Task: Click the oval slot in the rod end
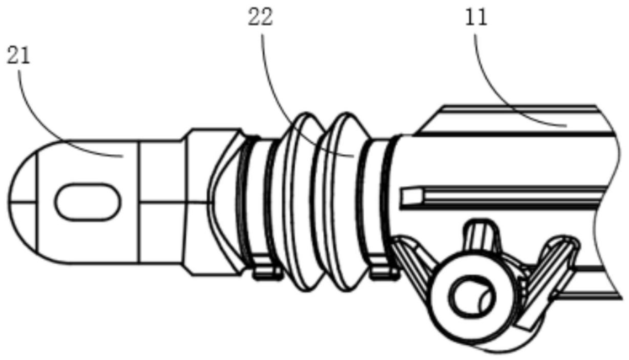86,202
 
